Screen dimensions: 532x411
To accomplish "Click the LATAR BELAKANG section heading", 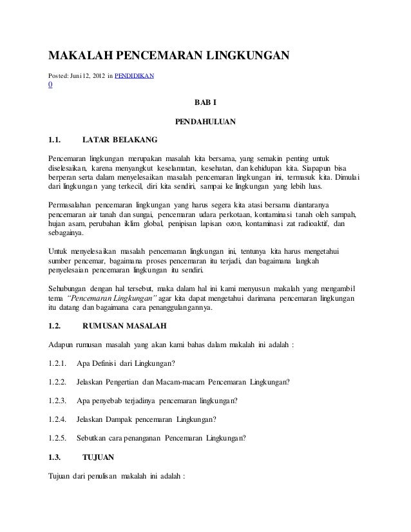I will (x=119, y=140).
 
